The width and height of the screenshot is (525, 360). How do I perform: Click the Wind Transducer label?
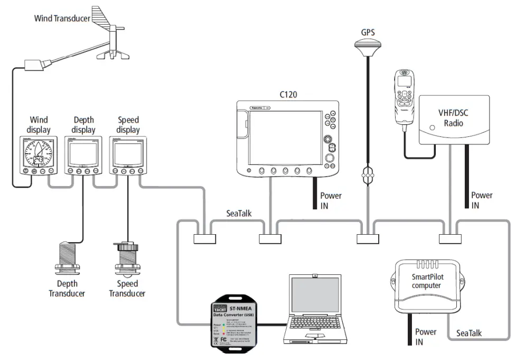point(62,18)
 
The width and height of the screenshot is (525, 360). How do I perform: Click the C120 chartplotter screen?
point(285,137)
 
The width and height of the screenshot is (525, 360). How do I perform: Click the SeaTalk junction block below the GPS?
point(368,238)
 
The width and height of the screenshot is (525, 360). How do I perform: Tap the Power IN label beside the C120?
point(331,200)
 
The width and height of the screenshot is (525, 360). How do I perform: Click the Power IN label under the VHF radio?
point(481,200)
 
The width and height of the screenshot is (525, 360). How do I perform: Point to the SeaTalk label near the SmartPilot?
point(468,333)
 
